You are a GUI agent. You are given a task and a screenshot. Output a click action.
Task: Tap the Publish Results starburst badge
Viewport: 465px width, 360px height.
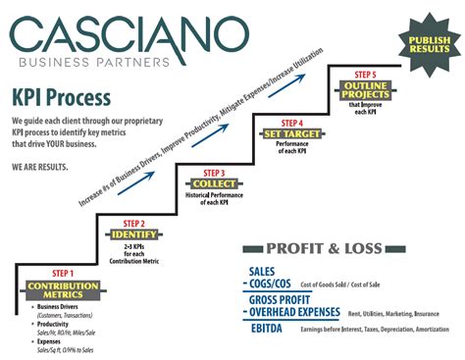[x=424, y=43]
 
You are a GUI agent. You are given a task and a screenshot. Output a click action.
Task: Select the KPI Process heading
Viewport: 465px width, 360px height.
[x=61, y=98]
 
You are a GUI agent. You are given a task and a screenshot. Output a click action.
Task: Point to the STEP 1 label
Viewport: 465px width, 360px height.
[x=62, y=274]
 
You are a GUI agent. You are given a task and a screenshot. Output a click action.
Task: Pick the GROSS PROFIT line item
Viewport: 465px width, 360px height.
[x=284, y=299]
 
